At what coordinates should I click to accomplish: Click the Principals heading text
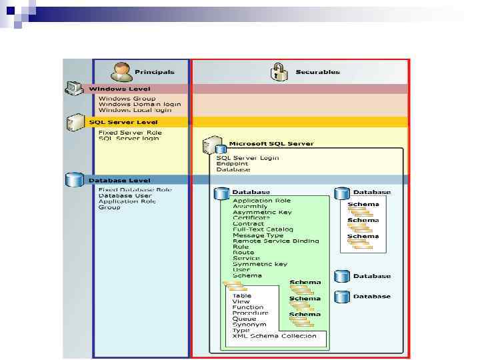154,72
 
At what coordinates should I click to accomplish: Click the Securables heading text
317,72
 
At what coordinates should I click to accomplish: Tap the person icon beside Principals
121,71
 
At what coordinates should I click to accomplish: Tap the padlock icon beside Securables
280,71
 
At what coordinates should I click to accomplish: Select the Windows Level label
119,89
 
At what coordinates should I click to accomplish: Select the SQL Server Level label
123,122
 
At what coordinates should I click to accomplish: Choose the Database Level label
119,180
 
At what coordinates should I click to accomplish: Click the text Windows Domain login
139,105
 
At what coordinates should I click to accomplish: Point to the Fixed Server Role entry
130,132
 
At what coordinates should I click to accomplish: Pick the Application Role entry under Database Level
127,201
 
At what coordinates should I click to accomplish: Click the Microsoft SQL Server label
271,143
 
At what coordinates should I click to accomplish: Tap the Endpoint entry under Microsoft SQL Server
232,164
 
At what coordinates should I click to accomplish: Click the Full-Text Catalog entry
263,229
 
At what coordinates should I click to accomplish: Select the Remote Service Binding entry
275,241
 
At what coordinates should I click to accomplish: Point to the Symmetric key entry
260,264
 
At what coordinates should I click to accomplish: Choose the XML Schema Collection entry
274,336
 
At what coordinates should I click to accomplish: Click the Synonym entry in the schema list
249,325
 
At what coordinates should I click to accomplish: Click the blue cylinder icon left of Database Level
73,180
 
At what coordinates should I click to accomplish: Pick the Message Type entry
257,235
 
